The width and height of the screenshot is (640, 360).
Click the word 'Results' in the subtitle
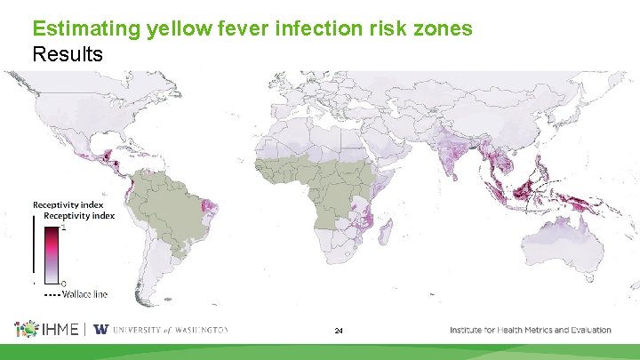coord(68,54)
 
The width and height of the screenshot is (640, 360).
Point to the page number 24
coord(339,331)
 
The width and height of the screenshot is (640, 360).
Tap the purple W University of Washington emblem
coord(100,330)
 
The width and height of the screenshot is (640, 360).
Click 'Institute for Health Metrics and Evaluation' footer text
coord(530,330)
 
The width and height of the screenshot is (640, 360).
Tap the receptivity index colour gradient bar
coord(52,253)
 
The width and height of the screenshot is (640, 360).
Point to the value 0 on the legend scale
coord(63,284)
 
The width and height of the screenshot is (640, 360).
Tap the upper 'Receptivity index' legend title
coord(68,204)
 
